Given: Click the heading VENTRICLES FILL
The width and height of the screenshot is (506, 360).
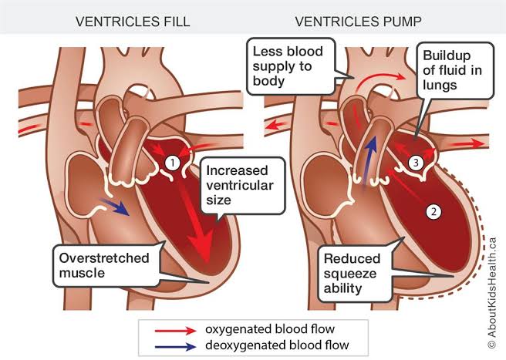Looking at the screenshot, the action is click(x=133, y=22).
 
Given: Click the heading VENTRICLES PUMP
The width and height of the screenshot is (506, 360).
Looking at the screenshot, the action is click(x=358, y=22).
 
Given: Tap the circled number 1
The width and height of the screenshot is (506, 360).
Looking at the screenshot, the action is click(x=173, y=163).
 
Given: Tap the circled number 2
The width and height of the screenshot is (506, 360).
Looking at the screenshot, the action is click(x=433, y=212).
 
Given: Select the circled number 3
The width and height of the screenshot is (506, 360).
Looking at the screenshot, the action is click(x=416, y=162).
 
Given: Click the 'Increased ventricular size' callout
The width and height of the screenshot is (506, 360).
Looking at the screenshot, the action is click(x=243, y=186).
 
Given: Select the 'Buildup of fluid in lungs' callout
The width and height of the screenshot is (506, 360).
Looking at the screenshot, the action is click(x=455, y=70).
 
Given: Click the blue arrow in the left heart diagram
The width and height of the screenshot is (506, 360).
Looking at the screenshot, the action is click(x=115, y=207).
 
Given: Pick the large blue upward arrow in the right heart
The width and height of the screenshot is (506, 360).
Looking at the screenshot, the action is click(x=369, y=160).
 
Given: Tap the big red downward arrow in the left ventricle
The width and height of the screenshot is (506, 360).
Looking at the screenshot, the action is click(x=194, y=223).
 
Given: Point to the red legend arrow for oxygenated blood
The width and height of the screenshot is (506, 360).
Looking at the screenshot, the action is click(x=176, y=331).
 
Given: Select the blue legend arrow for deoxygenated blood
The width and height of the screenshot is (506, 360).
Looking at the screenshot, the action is click(x=176, y=347).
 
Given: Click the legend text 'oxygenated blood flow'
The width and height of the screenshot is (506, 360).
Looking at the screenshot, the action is click(x=270, y=329).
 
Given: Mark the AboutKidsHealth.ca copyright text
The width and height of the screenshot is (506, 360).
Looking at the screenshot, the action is click(x=491, y=293).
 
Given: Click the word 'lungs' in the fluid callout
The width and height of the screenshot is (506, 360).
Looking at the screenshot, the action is click(x=440, y=85).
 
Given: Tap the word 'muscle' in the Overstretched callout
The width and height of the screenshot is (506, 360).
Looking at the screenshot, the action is click(x=82, y=273).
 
